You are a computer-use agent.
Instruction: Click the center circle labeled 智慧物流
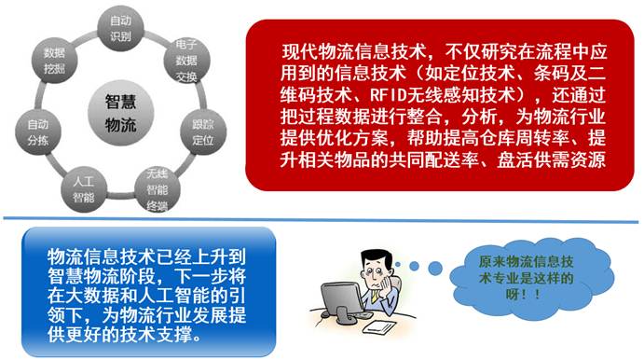click(x=120, y=113)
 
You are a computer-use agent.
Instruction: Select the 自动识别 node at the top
click(x=120, y=28)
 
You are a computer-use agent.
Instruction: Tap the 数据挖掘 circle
click(x=55, y=61)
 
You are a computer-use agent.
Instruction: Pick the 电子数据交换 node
click(x=186, y=61)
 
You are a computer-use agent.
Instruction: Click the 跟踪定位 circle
click(x=203, y=132)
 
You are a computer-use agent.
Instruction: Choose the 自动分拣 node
click(x=38, y=132)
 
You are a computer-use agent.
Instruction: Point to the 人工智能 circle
click(x=84, y=189)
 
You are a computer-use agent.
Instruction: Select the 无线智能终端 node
click(x=158, y=189)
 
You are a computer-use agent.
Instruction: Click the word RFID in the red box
click(x=388, y=95)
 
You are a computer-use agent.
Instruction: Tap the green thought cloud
click(x=527, y=278)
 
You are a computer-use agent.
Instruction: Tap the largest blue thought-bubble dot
click(x=434, y=269)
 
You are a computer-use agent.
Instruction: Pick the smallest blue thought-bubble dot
click(x=397, y=265)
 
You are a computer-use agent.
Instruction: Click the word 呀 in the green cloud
click(x=513, y=294)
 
